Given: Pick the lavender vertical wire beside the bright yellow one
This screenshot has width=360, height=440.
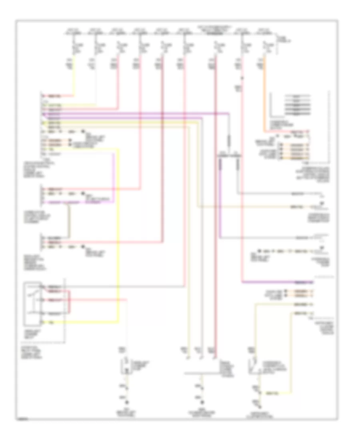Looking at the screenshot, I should (114, 176).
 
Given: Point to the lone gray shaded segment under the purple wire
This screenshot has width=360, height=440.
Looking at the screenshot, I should (229, 140).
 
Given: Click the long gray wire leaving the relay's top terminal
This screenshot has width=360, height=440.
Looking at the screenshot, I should (120, 286).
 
